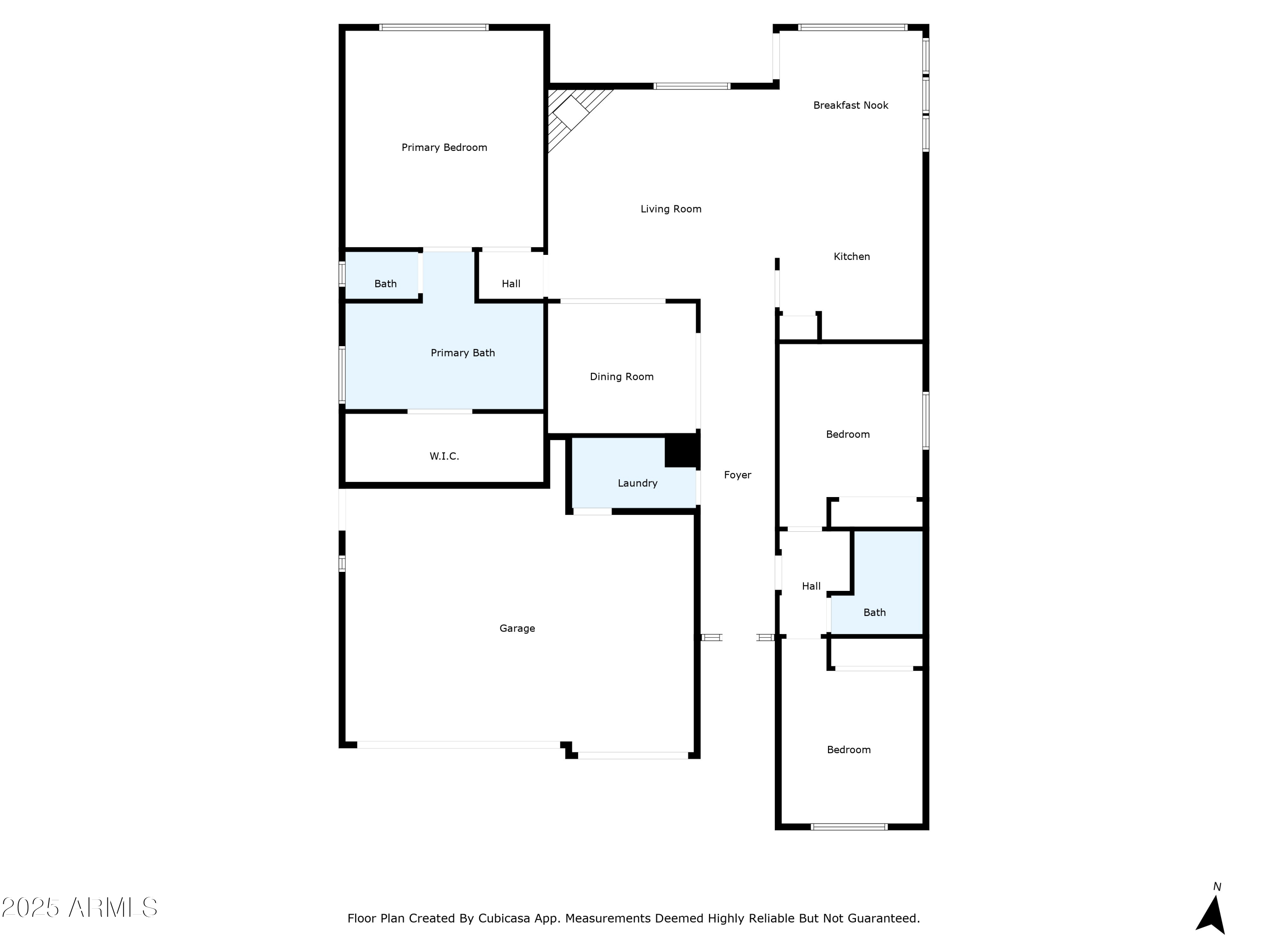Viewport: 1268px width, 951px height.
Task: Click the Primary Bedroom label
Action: tap(444, 148)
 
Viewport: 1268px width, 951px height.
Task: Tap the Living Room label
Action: tap(671, 209)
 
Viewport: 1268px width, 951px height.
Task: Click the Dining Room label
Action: tap(621, 377)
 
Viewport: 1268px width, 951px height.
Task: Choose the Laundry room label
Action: tap(637, 483)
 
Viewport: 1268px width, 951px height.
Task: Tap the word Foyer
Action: tap(737, 475)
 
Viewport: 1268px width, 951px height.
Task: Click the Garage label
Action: tap(517, 628)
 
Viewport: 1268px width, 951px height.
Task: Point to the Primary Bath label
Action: tap(462, 353)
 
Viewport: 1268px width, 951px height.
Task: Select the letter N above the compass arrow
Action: tap(1217, 887)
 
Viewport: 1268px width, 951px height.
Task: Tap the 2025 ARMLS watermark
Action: tap(80, 908)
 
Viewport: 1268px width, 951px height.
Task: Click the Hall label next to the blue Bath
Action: tap(811, 586)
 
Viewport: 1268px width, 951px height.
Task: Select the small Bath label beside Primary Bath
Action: tap(385, 284)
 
